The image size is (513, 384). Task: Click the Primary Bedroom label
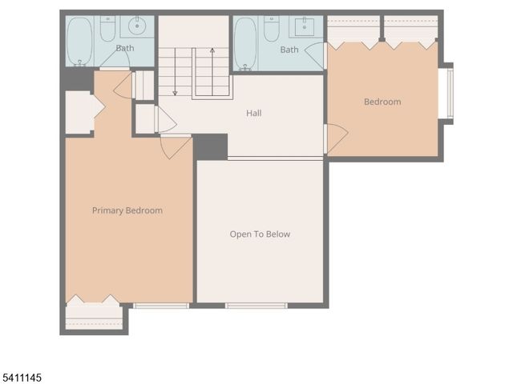point(127,210)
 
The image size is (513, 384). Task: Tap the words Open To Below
point(260,234)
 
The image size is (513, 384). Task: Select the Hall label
point(253,113)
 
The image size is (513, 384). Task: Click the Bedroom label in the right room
point(382,102)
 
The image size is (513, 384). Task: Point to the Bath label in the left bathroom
point(125,49)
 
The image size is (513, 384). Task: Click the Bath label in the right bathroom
point(289,50)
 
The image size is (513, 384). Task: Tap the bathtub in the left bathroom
point(79,42)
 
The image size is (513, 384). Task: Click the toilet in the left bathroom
point(107,29)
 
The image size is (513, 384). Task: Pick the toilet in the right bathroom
point(272,29)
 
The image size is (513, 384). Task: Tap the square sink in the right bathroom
point(305,26)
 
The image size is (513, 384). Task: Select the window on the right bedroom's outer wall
point(449,92)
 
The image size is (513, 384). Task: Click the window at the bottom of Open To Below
point(256,305)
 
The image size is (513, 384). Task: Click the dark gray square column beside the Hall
point(211,146)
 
